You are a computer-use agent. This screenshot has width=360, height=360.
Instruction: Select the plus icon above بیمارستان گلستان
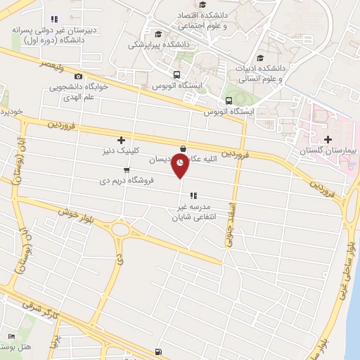click(326, 140)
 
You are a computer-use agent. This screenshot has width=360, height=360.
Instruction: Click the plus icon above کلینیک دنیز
click(122, 140)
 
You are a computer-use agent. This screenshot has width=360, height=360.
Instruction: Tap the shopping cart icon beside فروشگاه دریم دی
click(126, 169)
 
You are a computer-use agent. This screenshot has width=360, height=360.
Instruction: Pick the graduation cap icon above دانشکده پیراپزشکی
click(158, 34)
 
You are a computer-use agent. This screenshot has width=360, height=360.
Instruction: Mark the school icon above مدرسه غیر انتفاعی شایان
click(193, 195)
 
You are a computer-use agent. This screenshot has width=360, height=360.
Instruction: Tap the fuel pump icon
click(157, 352)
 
